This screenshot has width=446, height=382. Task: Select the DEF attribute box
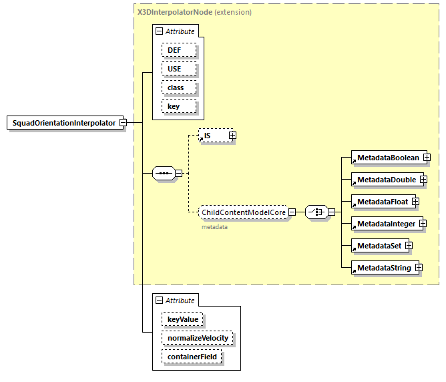point(179,50)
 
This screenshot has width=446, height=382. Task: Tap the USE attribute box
point(179,69)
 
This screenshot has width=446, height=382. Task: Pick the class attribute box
point(179,87)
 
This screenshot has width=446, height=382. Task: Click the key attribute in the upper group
point(179,106)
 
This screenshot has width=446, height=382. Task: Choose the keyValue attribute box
point(182,320)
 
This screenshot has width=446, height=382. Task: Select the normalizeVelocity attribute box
point(197,338)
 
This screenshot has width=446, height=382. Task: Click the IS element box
point(213,136)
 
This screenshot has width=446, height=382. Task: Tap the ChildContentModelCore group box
point(244,212)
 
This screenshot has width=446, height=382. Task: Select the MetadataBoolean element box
point(388,158)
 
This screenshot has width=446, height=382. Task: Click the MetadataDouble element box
point(386,180)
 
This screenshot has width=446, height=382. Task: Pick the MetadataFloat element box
point(382,201)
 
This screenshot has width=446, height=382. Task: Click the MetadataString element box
point(383,268)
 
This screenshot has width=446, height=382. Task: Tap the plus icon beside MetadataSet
point(408,246)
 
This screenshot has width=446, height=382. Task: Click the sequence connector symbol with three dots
point(163,174)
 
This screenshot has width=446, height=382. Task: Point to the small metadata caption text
point(215,227)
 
